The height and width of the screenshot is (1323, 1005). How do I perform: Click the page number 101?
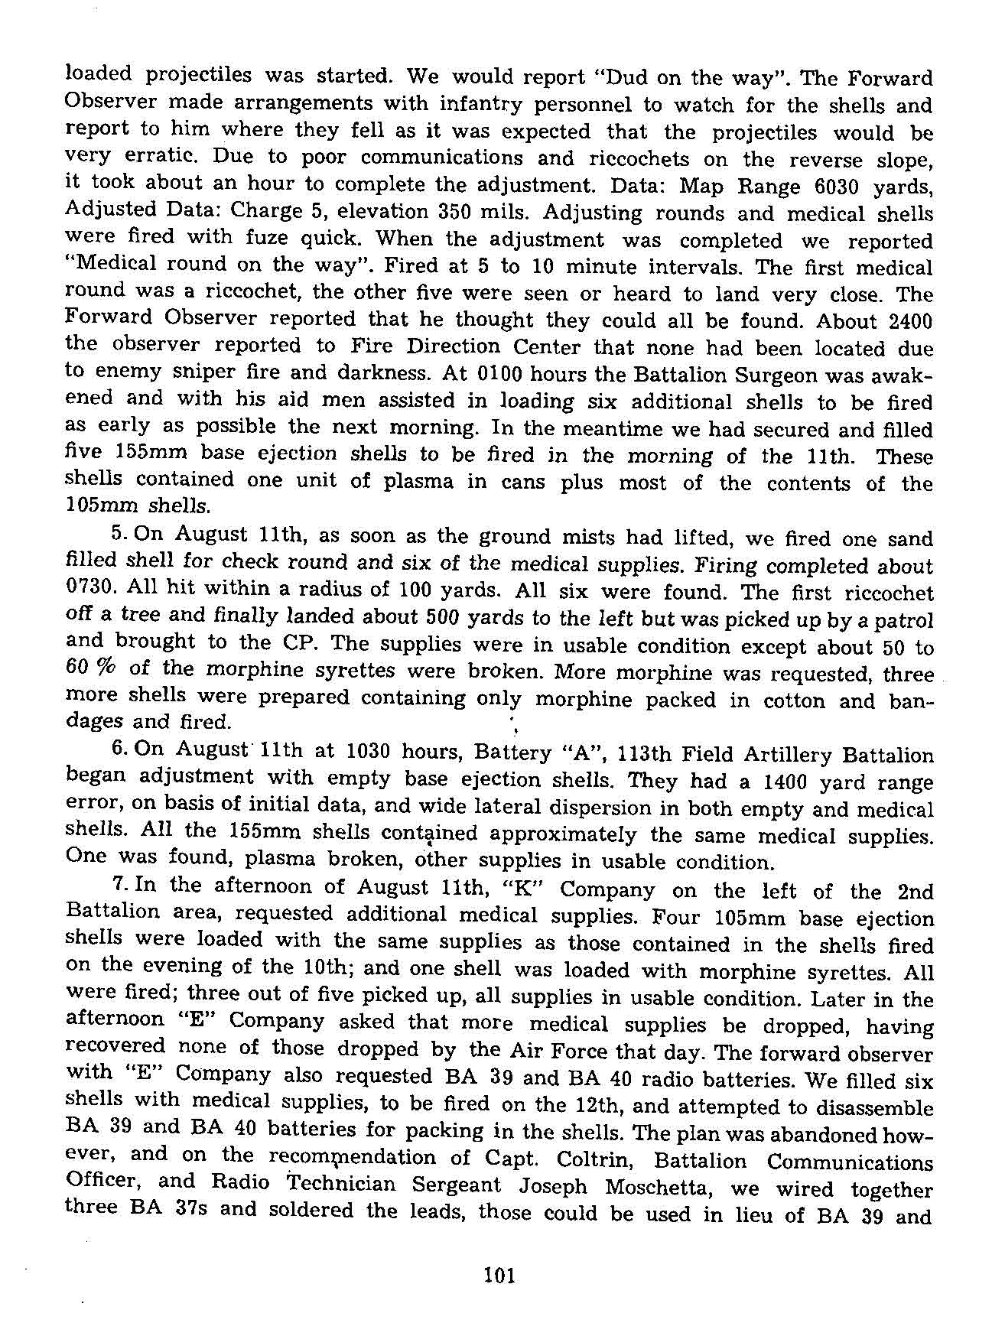[x=500, y=1275]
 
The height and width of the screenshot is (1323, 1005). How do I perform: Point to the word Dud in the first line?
[x=628, y=77]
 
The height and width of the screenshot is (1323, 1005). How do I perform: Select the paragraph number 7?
[x=118, y=885]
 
